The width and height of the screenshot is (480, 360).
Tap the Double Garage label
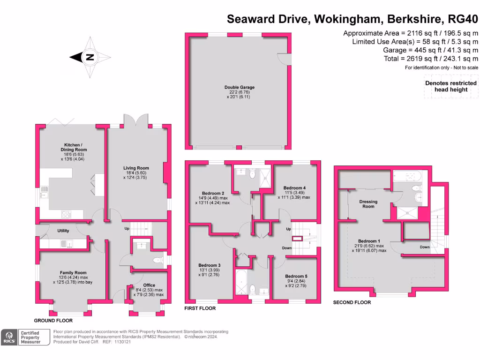coord(239,87)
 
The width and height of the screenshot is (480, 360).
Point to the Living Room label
coord(136,168)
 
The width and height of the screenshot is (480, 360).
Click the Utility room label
coord(63,231)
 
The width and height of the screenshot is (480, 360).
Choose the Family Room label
coord(73,272)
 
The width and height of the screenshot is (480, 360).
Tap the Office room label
coord(149,285)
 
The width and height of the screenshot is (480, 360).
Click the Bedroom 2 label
coord(213,193)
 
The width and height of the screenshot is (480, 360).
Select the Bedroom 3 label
coord(209,265)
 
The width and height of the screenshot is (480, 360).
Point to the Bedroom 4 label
coord(294,188)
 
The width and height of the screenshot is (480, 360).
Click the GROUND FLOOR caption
coord(53,321)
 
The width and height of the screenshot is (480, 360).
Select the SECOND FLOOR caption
coord(352,303)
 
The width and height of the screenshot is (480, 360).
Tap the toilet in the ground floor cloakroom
coord(157,260)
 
